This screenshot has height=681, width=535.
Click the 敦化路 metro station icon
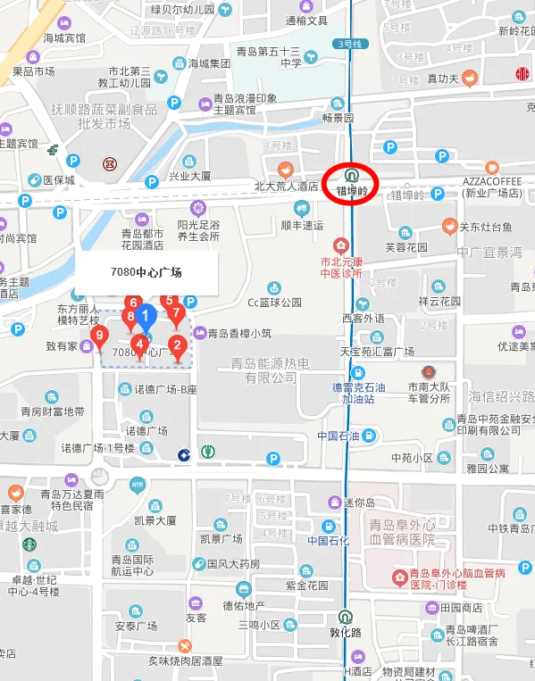345,615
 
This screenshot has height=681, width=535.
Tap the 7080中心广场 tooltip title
146,272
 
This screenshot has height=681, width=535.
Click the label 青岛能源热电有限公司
270,370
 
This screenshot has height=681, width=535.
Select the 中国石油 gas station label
338,436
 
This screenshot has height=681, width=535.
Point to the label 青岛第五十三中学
278,56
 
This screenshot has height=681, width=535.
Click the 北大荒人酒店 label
286,187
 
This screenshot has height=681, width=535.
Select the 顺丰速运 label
302,225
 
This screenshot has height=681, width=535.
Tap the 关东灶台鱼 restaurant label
486,227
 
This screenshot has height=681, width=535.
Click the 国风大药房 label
233,563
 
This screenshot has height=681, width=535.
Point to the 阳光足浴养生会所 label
198,230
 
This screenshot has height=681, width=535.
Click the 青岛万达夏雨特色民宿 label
71,499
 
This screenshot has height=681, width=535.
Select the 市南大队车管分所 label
429,393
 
